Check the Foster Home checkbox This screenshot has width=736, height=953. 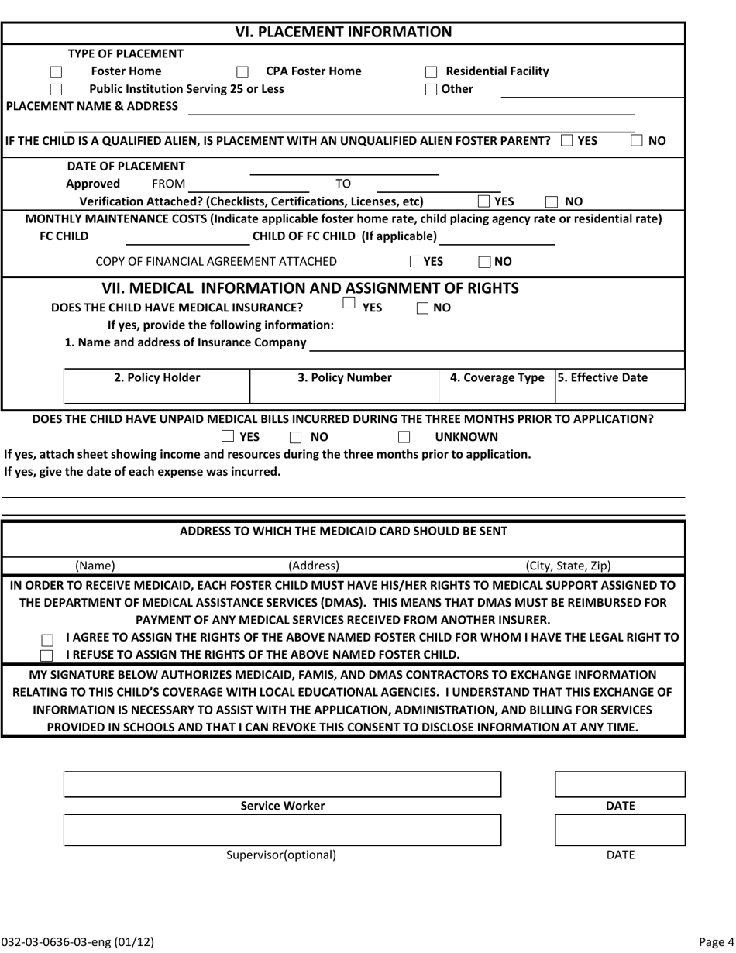(56, 72)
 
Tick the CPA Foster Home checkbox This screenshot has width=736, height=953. (242, 72)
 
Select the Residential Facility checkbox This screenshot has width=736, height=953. (432, 72)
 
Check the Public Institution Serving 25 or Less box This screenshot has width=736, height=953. (56, 90)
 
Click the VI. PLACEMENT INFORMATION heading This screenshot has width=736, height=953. (343, 33)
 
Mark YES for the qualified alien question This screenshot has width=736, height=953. (566, 141)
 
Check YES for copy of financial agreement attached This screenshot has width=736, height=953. (415, 262)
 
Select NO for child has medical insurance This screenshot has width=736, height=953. (422, 308)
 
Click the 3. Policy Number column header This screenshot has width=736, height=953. (345, 378)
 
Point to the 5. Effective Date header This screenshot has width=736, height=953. (603, 378)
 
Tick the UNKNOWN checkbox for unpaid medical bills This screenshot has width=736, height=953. (404, 438)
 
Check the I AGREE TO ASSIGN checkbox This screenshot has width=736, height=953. (47, 641)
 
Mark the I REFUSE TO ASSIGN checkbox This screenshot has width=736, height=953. (47, 655)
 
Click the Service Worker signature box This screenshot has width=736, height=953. (282, 785)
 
